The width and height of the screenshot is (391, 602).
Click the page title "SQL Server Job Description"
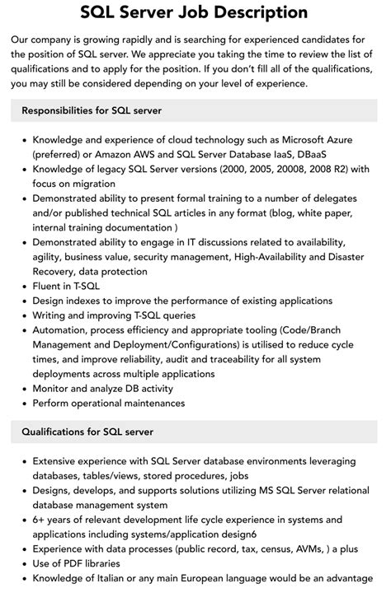point(195,12)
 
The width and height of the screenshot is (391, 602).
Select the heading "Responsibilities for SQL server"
point(92,110)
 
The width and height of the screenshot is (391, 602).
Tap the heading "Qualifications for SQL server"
point(87,432)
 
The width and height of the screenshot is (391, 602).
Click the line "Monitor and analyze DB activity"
point(103,389)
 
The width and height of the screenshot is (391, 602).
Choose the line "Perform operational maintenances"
point(109,404)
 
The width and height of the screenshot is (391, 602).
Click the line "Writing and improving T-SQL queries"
point(114,315)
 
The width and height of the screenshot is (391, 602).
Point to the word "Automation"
point(63,329)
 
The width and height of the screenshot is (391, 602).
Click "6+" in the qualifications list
point(40,520)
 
